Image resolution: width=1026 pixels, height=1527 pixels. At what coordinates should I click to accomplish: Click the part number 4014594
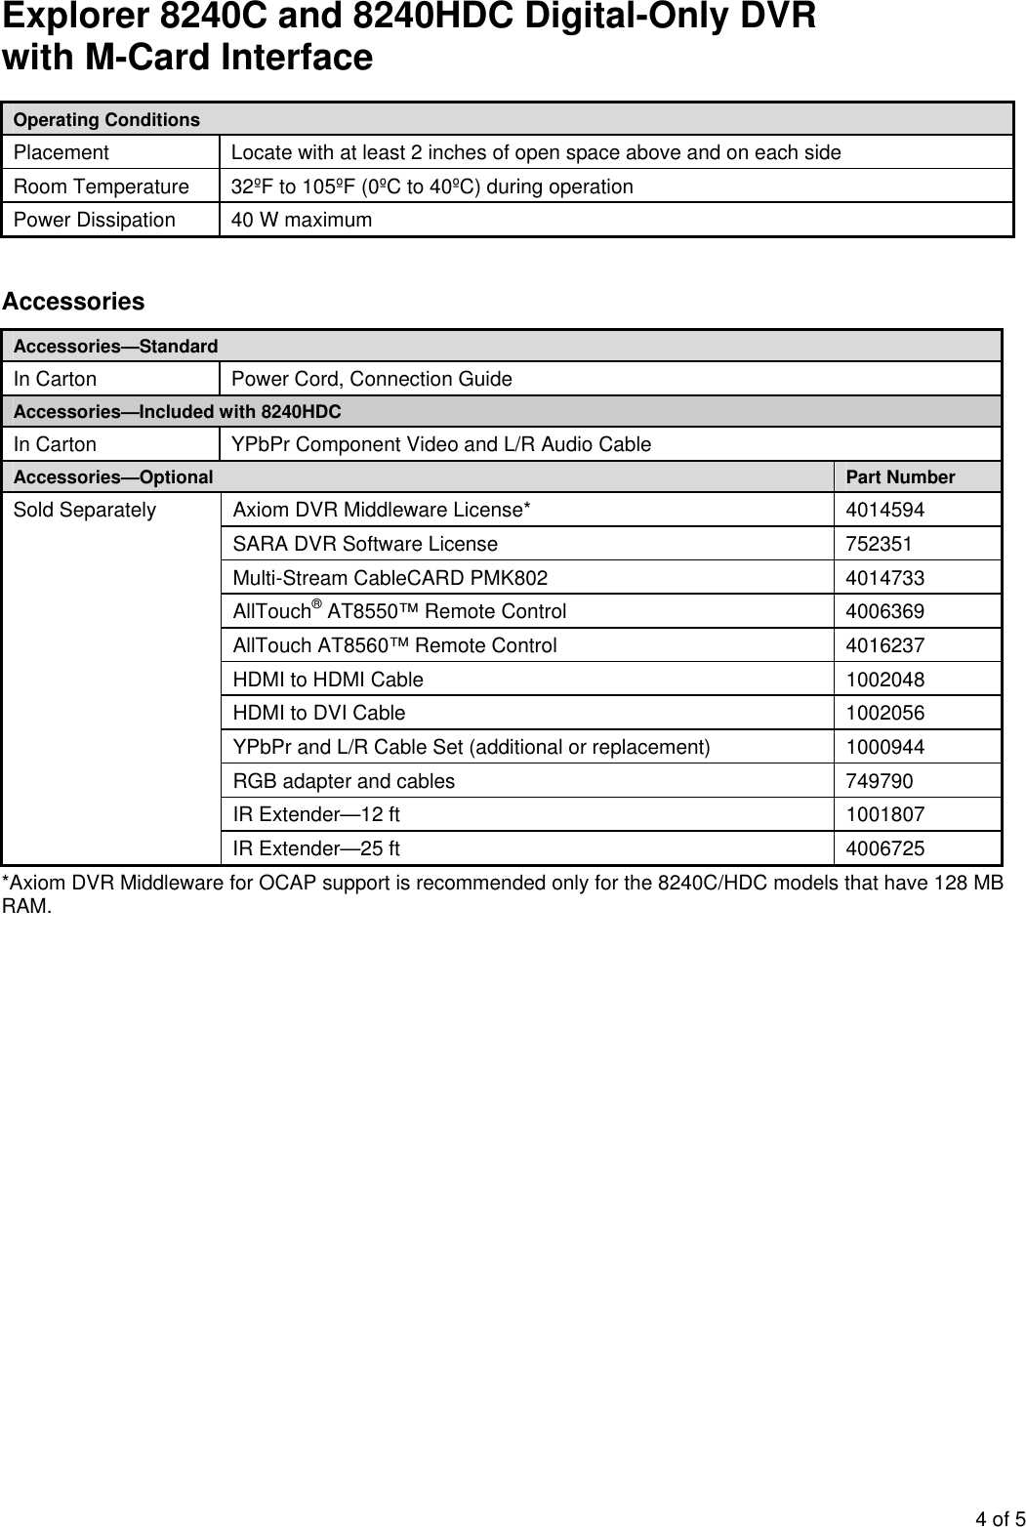884,510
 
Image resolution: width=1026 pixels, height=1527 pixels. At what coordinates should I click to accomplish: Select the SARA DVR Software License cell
365,544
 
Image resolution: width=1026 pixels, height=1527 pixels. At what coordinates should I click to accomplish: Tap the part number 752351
879,544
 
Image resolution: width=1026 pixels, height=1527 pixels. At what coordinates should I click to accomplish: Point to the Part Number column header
900,476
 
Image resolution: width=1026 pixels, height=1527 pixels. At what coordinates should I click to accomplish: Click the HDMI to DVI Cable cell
318,713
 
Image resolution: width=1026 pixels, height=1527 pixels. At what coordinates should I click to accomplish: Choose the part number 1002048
884,680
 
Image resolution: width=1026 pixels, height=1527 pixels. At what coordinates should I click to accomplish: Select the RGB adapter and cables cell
344,781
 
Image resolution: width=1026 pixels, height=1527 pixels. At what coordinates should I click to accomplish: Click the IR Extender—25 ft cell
315,848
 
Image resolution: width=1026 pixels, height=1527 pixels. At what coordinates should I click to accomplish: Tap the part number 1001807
884,814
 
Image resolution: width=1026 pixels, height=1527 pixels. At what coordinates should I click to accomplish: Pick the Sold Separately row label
85,510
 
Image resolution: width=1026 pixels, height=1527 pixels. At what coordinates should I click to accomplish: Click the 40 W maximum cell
301,220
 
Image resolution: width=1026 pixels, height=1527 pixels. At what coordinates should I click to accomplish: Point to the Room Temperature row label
102,186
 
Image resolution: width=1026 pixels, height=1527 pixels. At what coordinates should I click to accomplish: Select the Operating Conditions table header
106,119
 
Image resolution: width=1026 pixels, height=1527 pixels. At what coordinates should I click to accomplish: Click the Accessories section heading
73,302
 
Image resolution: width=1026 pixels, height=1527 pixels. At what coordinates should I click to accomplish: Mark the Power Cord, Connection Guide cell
371,379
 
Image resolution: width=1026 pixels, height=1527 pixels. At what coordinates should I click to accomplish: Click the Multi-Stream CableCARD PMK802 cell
390,578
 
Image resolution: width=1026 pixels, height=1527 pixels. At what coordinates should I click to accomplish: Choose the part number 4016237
884,645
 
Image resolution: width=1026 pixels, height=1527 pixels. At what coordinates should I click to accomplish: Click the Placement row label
62,152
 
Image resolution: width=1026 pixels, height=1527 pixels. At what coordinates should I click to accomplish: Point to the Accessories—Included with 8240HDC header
178,411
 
